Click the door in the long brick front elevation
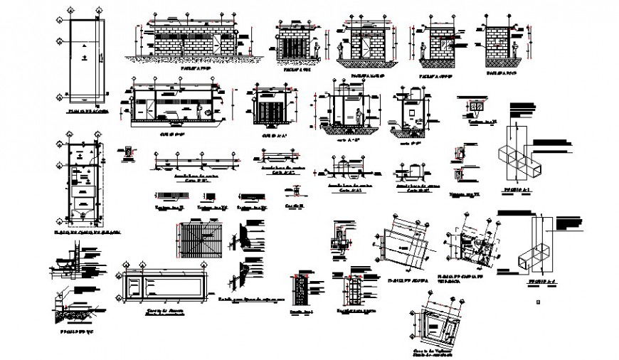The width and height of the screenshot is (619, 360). (x=214, y=44)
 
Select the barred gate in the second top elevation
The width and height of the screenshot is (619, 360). (x=292, y=46)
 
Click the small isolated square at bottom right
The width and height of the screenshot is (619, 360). (x=538, y=302)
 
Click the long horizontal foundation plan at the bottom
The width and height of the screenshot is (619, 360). (x=164, y=288)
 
